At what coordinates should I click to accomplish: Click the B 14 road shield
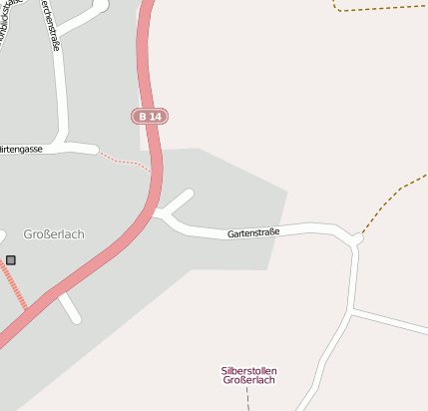[150, 117]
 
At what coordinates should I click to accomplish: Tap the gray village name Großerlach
[54, 234]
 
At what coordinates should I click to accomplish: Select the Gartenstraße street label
[253, 233]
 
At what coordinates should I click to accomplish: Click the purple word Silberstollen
[248, 371]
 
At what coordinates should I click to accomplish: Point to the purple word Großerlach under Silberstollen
[248, 381]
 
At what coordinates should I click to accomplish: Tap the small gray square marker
[11, 260]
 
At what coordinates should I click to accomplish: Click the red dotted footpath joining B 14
[128, 160]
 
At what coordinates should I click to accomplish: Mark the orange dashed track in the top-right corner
[379, 9]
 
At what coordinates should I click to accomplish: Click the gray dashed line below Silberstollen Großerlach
[248, 398]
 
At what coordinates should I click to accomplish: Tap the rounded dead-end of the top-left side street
[102, 5]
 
